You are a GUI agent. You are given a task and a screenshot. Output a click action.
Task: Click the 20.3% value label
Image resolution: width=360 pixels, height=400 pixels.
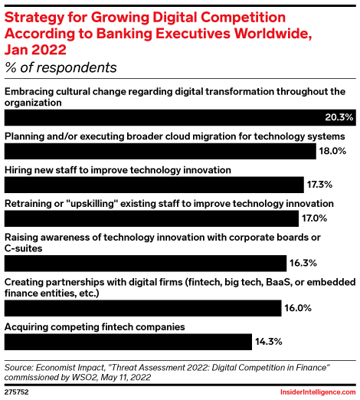click(x=339, y=117)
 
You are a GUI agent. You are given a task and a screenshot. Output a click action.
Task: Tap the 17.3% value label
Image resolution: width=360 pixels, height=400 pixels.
click(x=320, y=185)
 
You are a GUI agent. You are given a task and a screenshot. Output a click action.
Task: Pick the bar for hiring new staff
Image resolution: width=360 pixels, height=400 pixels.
click(x=154, y=185)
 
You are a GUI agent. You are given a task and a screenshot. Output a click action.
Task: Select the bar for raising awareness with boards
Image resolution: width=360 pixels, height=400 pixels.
click(x=146, y=264)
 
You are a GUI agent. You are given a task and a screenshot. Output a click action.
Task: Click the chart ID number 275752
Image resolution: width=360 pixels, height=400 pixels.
click(x=18, y=391)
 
